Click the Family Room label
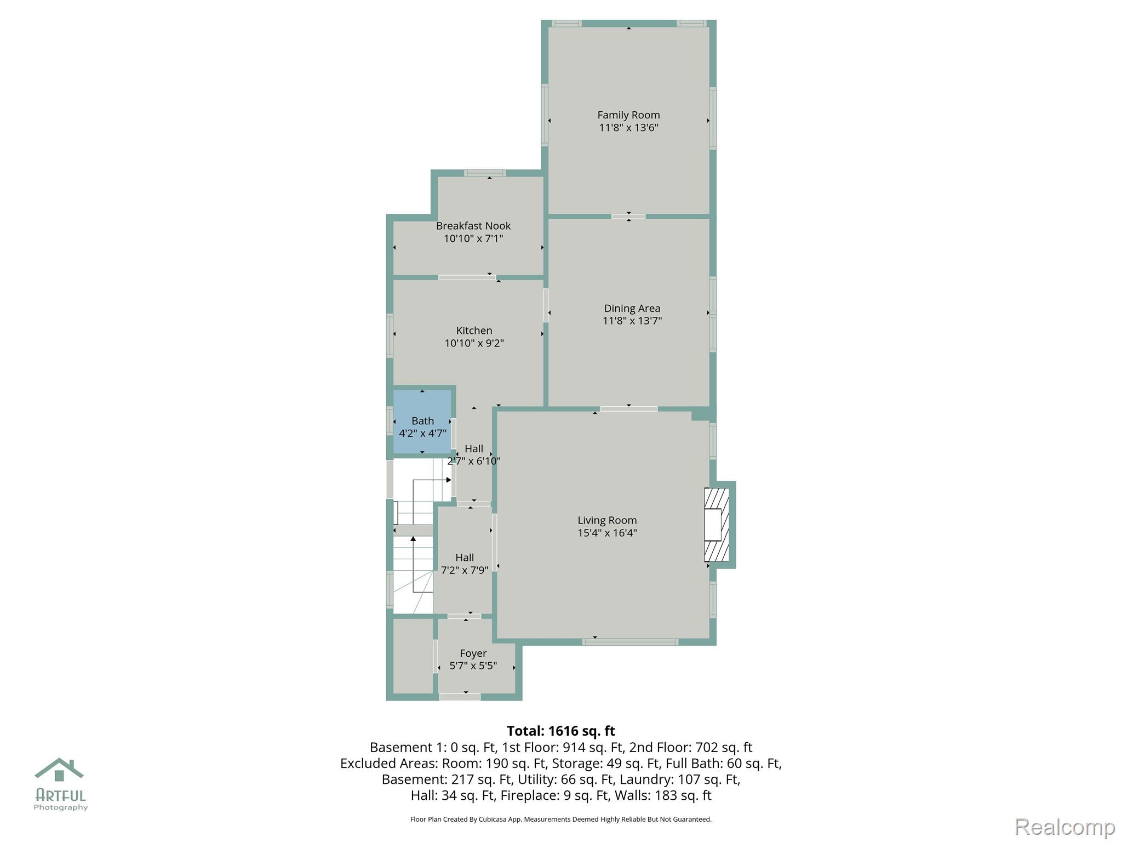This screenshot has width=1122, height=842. [628, 115]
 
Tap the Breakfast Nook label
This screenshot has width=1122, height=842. [473, 226]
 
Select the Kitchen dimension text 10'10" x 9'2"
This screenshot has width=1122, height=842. [474, 343]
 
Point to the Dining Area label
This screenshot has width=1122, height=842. [632, 309]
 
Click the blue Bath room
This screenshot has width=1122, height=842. [422, 422]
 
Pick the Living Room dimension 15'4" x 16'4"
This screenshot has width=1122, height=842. [607, 533]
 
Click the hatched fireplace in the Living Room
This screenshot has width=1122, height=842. [717, 525]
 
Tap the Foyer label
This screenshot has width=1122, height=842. [473, 653]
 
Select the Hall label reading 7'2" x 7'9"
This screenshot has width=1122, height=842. [465, 570]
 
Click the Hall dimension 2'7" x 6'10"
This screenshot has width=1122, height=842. [474, 461]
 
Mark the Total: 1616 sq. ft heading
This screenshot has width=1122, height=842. [561, 731]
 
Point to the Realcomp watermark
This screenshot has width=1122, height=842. [1065, 827]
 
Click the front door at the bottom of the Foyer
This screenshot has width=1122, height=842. [460, 697]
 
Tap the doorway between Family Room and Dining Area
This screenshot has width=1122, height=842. [628, 217]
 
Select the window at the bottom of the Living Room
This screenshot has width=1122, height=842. [630, 642]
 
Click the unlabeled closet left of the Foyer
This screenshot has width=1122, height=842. [413, 656]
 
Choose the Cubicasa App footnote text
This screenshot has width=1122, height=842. [561, 820]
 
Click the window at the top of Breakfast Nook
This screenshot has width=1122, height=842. [485, 173]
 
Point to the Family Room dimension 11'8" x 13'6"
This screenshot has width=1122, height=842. [628, 128]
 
